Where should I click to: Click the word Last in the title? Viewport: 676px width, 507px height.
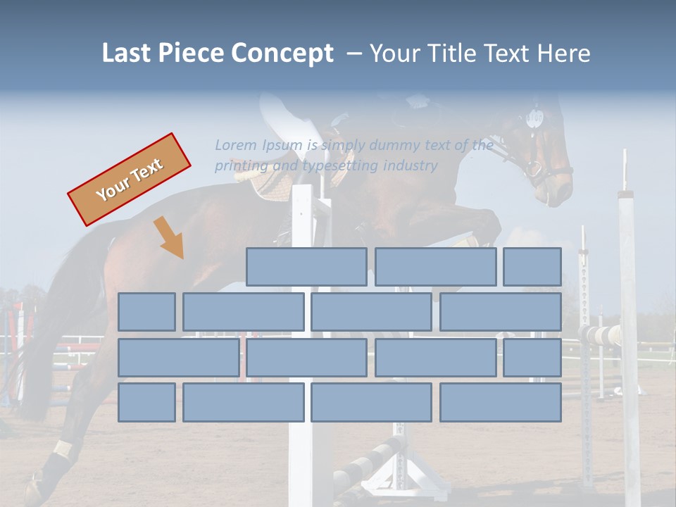click(x=126, y=53)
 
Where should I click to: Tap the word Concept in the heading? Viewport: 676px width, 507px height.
click(x=282, y=54)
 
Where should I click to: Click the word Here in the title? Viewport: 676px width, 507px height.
click(x=563, y=53)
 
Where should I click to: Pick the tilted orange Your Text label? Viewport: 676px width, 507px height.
click(x=129, y=179)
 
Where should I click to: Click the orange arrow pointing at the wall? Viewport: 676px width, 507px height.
click(x=168, y=237)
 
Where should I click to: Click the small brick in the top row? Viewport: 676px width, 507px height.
click(x=532, y=267)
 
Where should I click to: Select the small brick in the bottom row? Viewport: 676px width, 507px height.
click(x=146, y=402)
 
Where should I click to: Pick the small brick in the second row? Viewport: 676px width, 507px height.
click(x=146, y=312)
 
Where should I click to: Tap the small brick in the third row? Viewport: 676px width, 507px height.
click(x=532, y=357)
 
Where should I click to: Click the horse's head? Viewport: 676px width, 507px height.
click(x=546, y=155)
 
